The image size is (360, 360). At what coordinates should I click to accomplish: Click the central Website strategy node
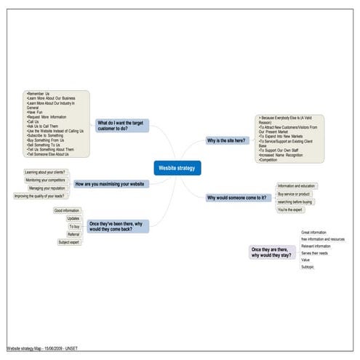[177, 168]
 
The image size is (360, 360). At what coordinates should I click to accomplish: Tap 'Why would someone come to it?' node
[236, 197]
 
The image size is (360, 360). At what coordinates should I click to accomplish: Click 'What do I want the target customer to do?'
[122, 126]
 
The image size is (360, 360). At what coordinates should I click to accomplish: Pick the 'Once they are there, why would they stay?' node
[272, 252]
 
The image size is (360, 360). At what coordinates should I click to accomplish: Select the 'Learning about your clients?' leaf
[46, 172]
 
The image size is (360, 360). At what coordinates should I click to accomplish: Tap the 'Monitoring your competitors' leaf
[45, 180]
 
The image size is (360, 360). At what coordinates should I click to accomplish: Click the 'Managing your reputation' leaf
[48, 188]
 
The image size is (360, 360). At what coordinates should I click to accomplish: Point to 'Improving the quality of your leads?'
[39, 196]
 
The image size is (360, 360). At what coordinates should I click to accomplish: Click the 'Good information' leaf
[67, 210]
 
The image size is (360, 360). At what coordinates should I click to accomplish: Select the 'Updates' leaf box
[73, 218]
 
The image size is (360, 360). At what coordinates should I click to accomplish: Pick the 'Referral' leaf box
[73, 234]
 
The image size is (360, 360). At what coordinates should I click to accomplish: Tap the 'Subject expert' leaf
[69, 242]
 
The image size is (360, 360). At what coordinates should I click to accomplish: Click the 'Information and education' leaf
[296, 186]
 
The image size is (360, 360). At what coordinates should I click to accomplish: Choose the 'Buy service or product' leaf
[294, 194]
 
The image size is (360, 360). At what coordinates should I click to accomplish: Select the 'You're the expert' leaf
[290, 209]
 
